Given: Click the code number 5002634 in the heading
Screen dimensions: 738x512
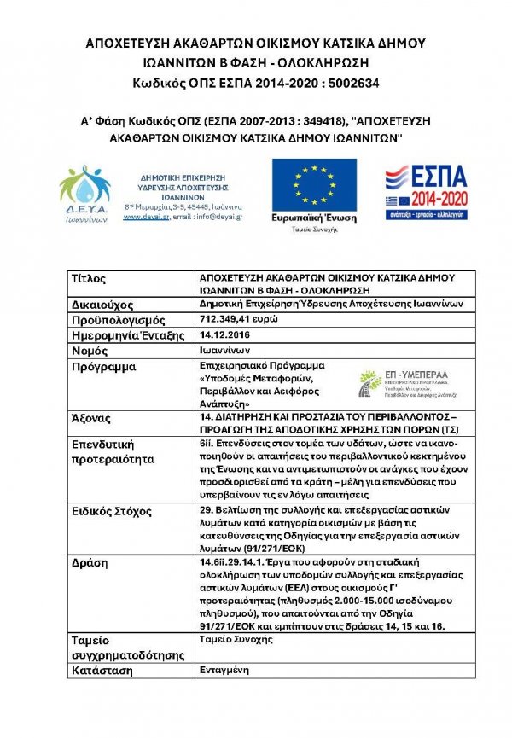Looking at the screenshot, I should click(x=347, y=83).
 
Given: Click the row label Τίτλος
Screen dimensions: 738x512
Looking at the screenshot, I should click(x=90, y=279).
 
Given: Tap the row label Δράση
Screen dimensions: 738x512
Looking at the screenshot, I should click(x=91, y=564).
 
